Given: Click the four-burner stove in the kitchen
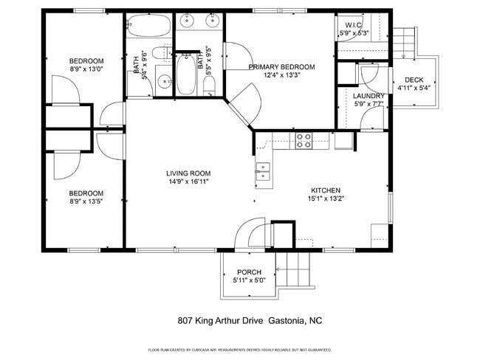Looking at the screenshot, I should (x=304, y=140).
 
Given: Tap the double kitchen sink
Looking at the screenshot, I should (x=263, y=172).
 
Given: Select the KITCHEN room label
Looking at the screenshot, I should (x=326, y=189).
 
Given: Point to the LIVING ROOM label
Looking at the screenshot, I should (x=188, y=173).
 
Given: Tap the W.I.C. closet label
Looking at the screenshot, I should (x=352, y=25).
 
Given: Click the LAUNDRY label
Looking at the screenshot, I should (x=368, y=96).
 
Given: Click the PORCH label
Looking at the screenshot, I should (x=249, y=272).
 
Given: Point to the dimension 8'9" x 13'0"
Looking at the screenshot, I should (x=86, y=69).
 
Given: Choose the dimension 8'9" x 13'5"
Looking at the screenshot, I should (x=86, y=201).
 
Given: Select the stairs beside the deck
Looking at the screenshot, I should (x=404, y=43).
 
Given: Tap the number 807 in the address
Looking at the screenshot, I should (x=186, y=321).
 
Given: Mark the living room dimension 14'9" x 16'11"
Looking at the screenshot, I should (x=188, y=181).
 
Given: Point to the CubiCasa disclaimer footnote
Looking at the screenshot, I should (x=240, y=350).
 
